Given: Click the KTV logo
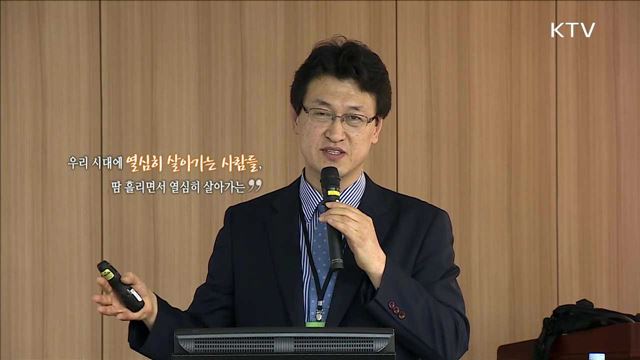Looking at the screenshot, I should click(572, 30).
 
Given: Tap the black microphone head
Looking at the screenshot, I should click(330, 183).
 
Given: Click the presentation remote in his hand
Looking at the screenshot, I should click(119, 285).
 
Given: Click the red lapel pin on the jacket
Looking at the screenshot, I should click(397, 309).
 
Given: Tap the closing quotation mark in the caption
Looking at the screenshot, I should click(255, 185).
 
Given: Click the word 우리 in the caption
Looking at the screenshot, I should click(78, 162).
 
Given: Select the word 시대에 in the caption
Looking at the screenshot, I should click(107, 162).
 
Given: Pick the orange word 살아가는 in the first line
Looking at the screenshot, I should click(194, 161).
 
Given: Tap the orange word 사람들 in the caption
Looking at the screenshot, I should click(245, 161).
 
